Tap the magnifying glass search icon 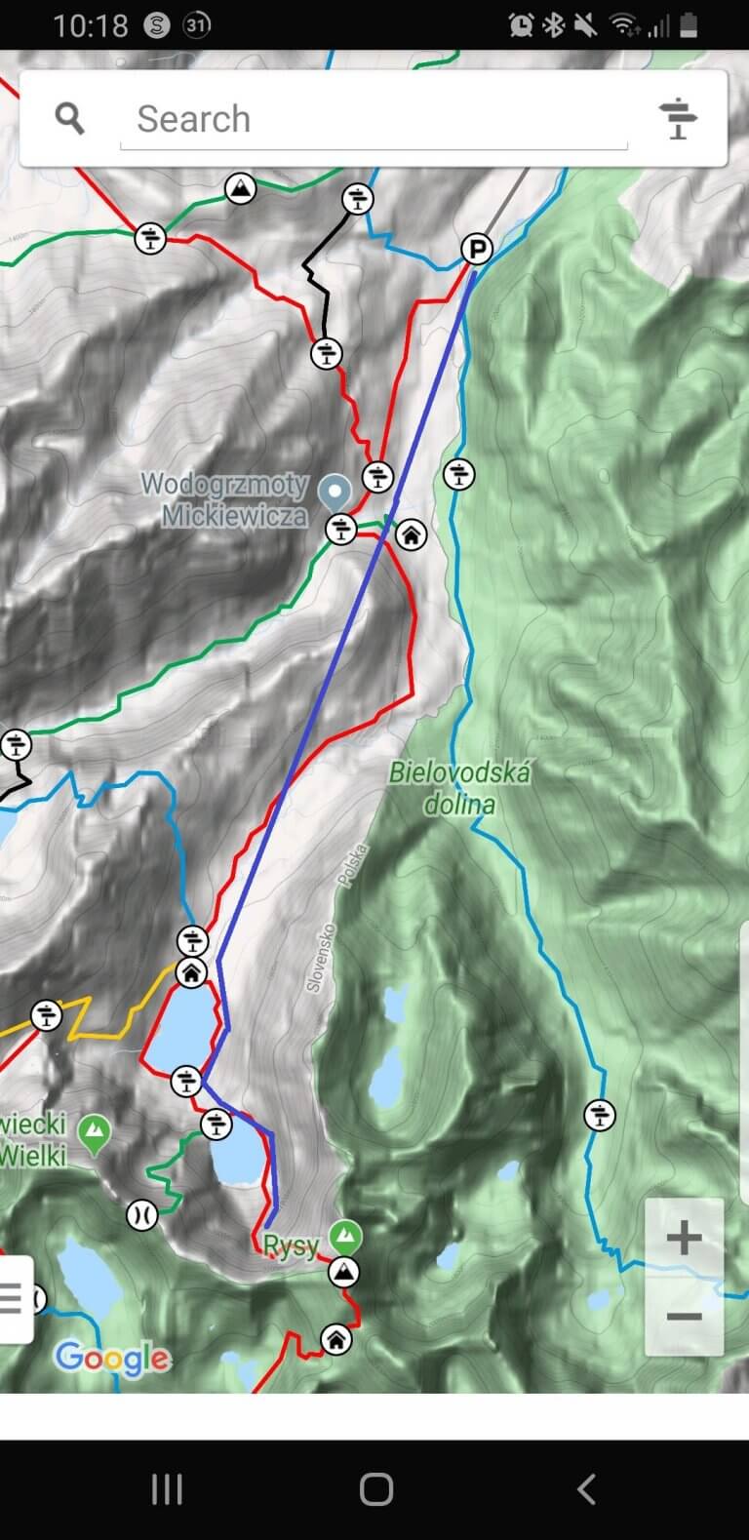[69, 119]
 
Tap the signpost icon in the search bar [678, 119]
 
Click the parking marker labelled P [476, 250]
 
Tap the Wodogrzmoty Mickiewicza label [224, 499]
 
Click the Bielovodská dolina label [459, 788]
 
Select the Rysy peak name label [291, 1246]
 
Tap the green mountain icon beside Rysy [343, 1237]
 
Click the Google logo [112, 1357]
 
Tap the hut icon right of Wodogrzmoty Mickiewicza [412, 534]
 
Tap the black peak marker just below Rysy [342, 1272]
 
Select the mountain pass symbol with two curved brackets [141, 1215]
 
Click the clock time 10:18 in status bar [90, 25]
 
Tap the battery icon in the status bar [689, 25]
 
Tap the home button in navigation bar [375, 1489]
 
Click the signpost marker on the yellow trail [46, 1016]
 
